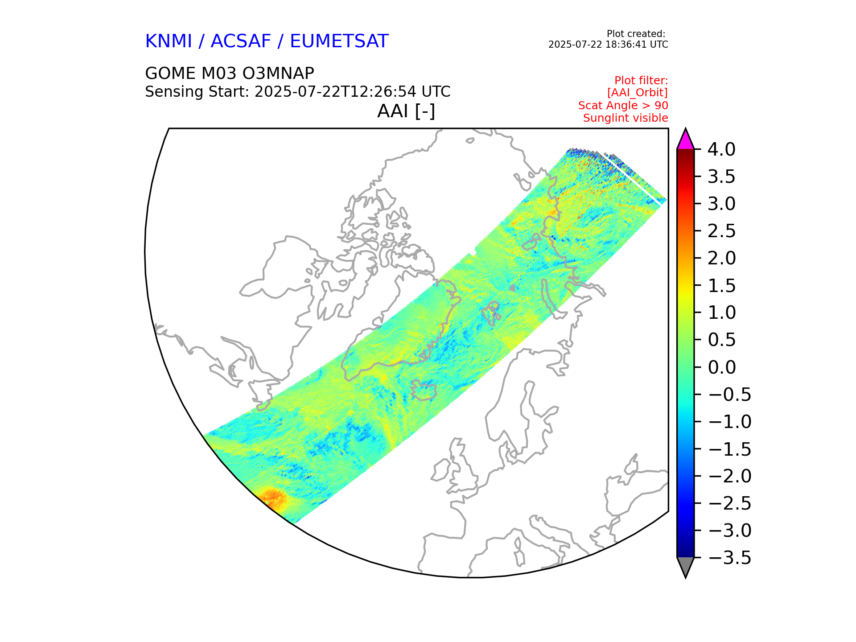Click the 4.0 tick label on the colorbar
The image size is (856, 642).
(x=721, y=149)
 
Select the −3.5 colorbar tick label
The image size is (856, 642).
(x=729, y=558)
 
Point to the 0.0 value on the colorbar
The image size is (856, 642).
(x=721, y=367)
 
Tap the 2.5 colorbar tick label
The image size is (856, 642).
(x=721, y=231)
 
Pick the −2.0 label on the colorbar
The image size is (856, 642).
(x=729, y=476)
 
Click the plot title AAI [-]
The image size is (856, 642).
(x=406, y=111)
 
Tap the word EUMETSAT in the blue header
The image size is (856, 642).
(x=339, y=41)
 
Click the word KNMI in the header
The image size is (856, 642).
(x=169, y=41)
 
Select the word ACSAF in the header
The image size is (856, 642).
(x=241, y=41)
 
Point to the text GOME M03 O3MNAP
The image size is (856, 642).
(x=230, y=73)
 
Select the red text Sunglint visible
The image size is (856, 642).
(x=625, y=118)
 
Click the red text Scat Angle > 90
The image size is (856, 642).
(x=623, y=106)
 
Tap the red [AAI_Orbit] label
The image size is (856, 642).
(x=637, y=93)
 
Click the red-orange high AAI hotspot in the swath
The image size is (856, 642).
(x=273, y=498)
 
